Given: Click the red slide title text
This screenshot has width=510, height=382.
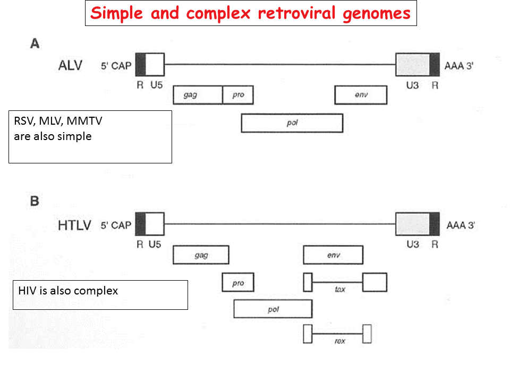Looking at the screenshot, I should pyautogui.click(x=251, y=13).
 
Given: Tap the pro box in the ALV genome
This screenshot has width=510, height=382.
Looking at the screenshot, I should pyautogui.click(x=238, y=95).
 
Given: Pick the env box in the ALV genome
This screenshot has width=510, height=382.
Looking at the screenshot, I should pyautogui.click(x=361, y=95).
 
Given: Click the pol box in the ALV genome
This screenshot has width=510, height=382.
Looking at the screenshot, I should pyautogui.click(x=292, y=123).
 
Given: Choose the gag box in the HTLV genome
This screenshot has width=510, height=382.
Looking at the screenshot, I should pyautogui.click(x=201, y=255).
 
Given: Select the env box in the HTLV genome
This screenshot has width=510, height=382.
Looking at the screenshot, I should pyautogui.click(x=333, y=255).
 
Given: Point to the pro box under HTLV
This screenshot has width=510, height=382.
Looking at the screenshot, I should pyautogui.click(x=238, y=283).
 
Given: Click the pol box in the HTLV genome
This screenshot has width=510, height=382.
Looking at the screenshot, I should pyautogui.click(x=273, y=309).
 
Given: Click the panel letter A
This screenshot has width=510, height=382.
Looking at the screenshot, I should pyautogui.click(x=35, y=44).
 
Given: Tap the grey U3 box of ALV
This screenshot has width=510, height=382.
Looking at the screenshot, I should pyautogui.click(x=413, y=64).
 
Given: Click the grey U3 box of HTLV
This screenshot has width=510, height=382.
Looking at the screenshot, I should pyautogui.click(x=413, y=223).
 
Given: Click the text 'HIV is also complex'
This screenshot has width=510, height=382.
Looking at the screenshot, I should pyautogui.click(x=68, y=291).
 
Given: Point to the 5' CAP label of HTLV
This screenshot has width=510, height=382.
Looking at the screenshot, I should pyautogui.click(x=116, y=225).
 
